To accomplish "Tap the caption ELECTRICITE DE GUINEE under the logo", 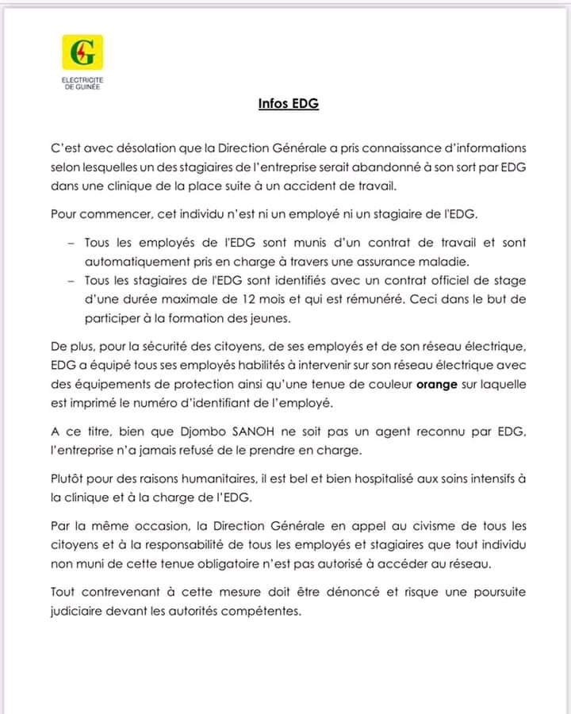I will click(82, 83).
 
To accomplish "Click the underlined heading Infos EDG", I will click(289, 103).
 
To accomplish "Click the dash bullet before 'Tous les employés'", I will click(71, 242).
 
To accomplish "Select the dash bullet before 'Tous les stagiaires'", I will click(71, 281).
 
